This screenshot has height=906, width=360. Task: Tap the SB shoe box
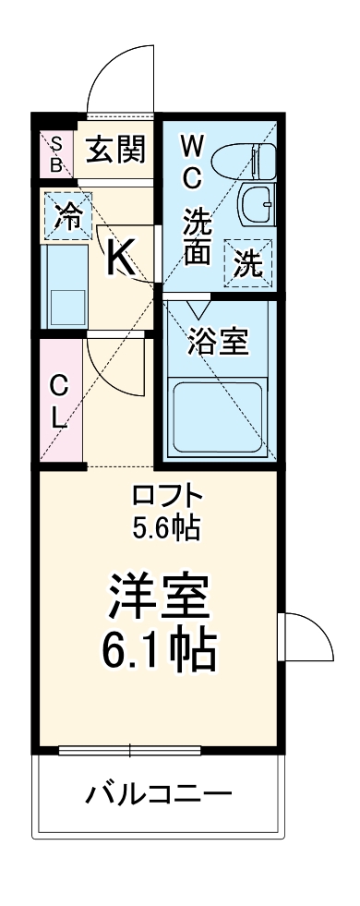click(x=56, y=153)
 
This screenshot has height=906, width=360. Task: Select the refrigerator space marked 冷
click(x=66, y=216)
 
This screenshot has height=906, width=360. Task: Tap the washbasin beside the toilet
click(x=255, y=203)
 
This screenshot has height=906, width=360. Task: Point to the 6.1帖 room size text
click(x=158, y=650)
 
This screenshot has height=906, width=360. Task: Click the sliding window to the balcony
click(x=157, y=750)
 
